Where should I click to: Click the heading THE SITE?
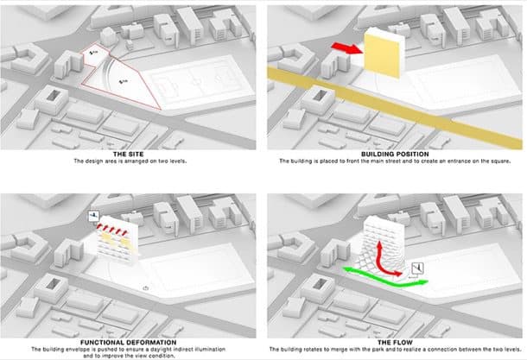130,154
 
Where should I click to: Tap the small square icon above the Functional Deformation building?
92,216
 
